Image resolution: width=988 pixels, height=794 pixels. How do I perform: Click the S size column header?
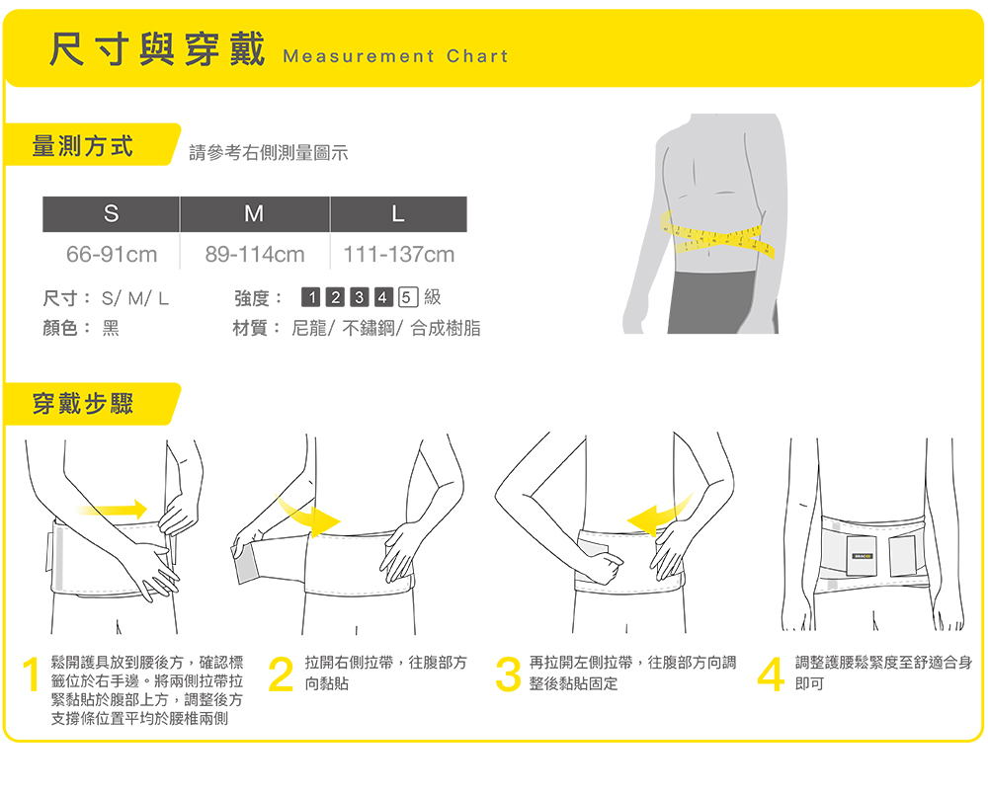111,214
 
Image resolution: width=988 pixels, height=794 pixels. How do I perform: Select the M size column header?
255,214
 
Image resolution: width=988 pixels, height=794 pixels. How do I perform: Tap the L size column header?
398,214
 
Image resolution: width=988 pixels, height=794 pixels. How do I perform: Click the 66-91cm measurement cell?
112,255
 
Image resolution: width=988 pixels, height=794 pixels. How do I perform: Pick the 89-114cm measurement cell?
255,255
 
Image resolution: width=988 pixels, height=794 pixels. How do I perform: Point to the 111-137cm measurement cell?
398,255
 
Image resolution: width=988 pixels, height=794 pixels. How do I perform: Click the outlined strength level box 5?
408,296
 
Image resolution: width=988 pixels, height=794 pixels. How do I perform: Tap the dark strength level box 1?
311,296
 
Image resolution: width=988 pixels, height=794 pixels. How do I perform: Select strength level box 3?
360,296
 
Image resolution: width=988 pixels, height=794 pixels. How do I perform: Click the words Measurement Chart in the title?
395,56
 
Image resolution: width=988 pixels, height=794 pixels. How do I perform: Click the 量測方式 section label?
83,146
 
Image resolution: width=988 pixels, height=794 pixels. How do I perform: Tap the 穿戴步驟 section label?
83,404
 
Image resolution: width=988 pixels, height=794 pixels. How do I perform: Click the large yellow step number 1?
31,675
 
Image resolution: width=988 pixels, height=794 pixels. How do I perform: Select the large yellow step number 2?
281,675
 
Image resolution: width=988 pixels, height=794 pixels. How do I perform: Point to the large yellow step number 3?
509,675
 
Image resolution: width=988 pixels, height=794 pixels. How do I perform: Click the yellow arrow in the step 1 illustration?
113,510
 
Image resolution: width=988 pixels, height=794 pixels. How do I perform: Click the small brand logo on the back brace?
862,556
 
